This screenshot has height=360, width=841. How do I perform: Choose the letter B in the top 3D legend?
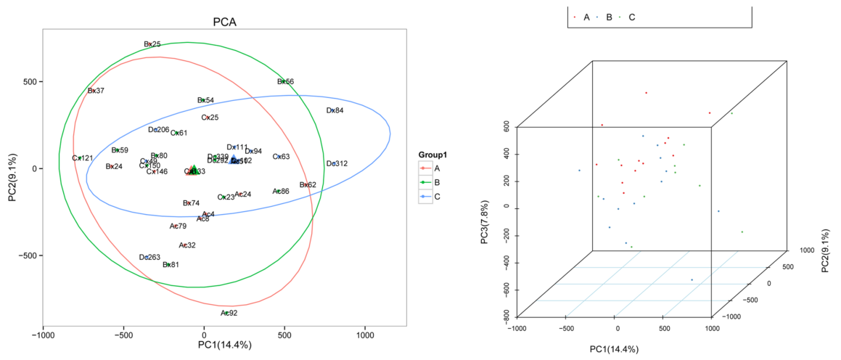[x=608, y=17]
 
